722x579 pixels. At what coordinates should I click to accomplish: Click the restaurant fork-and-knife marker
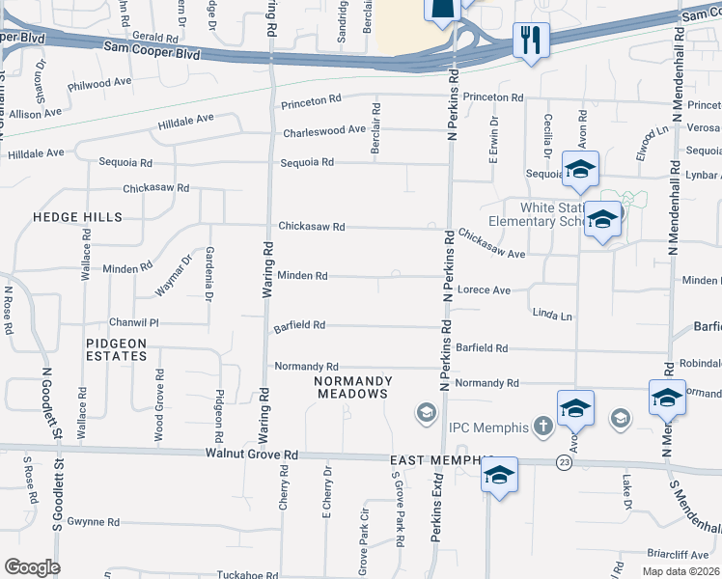tap(531, 41)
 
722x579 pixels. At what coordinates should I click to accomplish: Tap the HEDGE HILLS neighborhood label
tap(77, 218)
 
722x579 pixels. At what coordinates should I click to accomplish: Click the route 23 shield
tap(563, 463)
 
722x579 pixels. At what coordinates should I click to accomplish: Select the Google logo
tap(32, 567)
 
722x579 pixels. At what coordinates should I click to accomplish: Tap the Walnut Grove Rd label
tap(251, 454)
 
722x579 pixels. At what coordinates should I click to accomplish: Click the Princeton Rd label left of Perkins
tap(312, 99)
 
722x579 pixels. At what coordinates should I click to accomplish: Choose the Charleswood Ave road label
tap(324, 130)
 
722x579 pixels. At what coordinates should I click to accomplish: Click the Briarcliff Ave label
tap(680, 555)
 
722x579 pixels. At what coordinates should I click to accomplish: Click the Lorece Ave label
tap(484, 289)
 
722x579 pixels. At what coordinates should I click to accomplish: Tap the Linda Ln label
tap(552, 316)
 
